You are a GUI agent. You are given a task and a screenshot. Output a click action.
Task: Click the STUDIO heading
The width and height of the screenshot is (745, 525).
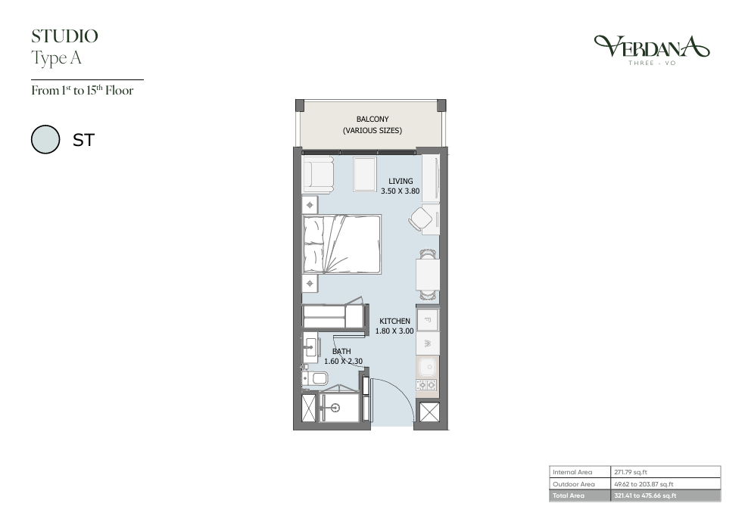[x=64, y=36]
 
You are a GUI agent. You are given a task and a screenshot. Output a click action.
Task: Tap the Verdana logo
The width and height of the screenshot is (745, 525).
[x=652, y=50]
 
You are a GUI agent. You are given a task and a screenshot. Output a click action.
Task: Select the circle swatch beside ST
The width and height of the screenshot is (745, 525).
[x=45, y=139]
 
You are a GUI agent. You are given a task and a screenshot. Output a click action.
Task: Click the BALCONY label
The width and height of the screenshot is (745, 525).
[x=372, y=119]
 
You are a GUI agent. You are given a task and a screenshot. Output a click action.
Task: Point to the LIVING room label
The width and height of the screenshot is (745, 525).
[x=401, y=181]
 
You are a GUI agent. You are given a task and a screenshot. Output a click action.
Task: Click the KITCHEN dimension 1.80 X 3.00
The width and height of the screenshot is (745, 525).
[x=394, y=331]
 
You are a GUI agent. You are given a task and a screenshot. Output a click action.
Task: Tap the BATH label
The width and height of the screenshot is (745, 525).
[x=341, y=351]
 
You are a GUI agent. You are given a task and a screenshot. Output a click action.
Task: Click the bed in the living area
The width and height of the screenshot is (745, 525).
[x=342, y=244]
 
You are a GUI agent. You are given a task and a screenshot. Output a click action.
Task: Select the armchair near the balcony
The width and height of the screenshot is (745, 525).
[x=318, y=175]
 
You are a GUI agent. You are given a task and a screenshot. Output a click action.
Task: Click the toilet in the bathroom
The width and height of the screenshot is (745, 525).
[x=316, y=378]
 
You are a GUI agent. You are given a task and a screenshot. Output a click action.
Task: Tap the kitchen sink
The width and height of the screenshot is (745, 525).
[x=428, y=367]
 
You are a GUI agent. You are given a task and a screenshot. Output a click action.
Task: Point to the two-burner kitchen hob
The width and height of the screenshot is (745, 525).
[x=427, y=384]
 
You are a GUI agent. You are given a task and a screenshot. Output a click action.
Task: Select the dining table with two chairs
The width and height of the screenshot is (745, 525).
[x=428, y=275]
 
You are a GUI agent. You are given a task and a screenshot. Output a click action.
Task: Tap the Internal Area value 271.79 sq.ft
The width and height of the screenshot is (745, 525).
[x=631, y=472]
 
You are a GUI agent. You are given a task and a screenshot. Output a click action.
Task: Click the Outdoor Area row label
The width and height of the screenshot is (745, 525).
[x=573, y=484]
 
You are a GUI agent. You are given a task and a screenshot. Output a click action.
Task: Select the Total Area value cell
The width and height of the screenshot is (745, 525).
[x=666, y=495]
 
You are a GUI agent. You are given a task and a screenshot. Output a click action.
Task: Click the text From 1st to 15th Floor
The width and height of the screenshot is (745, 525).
[x=83, y=90]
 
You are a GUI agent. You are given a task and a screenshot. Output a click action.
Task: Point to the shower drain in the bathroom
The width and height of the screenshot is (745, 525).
[x=336, y=407]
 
